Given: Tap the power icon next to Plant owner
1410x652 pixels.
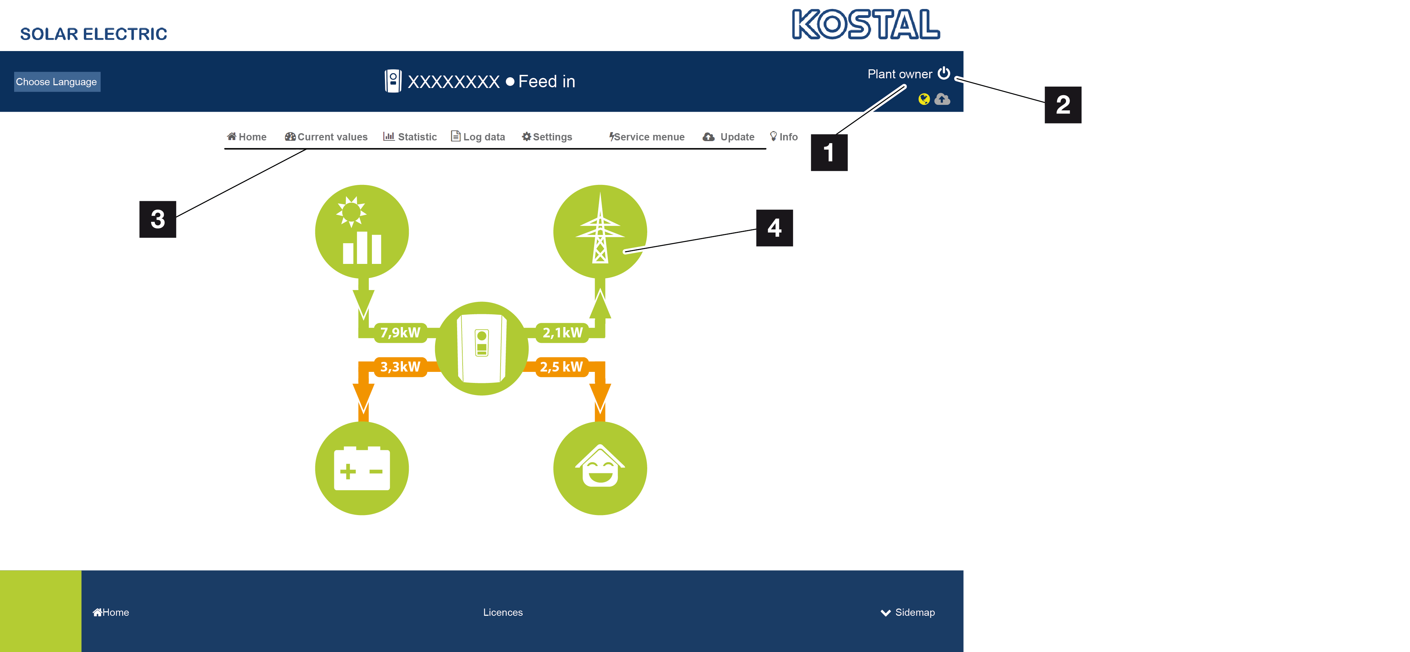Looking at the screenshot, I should click(x=944, y=73).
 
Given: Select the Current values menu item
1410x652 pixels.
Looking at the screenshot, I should click(x=326, y=137).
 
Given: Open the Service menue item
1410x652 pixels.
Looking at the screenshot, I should click(x=647, y=137).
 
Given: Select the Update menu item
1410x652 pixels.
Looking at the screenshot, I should click(x=729, y=137).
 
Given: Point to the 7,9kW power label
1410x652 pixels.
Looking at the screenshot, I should click(x=400, y=332).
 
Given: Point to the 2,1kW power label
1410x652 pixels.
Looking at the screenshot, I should click(x=562, y=332).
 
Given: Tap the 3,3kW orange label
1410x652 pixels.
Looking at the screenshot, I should click(x=400, y=367).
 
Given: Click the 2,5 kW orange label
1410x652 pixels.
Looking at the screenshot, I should click(x=561, y=367).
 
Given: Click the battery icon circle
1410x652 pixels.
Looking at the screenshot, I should click(x=362, y=468).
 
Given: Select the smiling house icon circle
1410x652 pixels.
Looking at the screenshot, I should click(x=600, y=468).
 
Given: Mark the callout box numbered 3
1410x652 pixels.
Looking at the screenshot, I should click(x=158, y=219).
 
